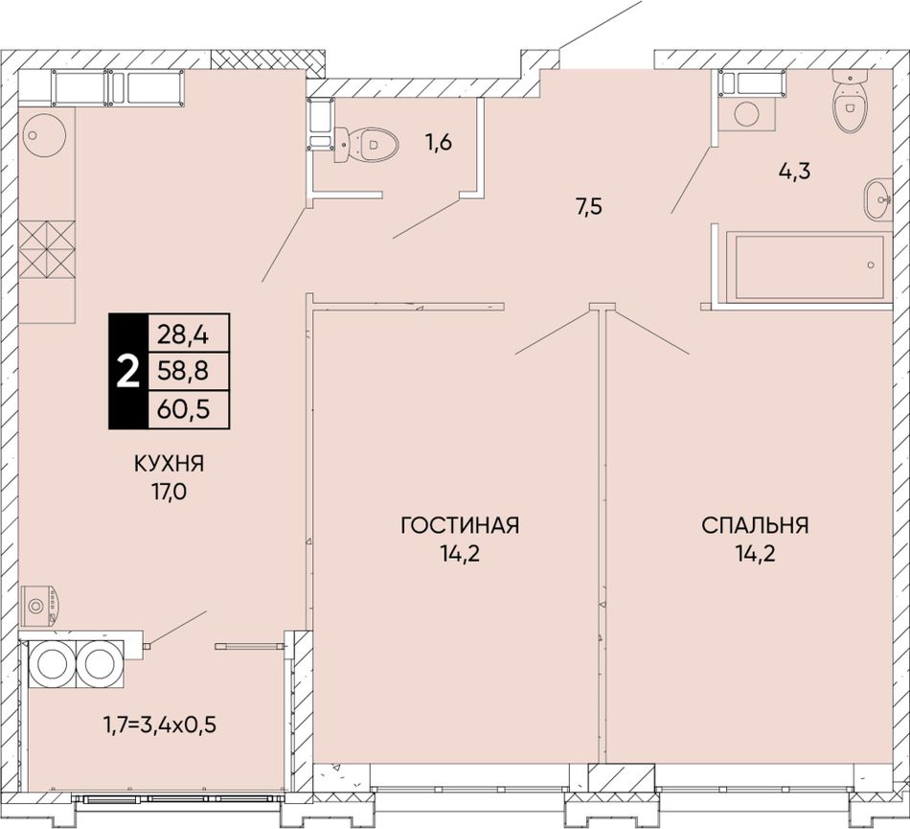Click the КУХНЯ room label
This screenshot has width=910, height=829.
point(170,464)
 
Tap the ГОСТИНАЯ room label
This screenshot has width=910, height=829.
point(460,525)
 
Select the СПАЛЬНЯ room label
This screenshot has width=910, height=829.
point(755,525)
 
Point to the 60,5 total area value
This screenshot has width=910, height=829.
point(183,410)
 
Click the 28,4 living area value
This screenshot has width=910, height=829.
point(183,335)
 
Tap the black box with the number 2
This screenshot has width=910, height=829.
point(128,372)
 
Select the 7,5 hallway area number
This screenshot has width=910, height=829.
point(590,207)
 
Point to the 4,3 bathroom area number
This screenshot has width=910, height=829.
point(794,172)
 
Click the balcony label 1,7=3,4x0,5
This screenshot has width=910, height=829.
point(160,725)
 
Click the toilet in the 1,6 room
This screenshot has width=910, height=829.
point(366,143)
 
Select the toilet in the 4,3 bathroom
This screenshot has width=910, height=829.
point(851,101)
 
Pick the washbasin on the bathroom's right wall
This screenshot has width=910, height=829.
point(878,199)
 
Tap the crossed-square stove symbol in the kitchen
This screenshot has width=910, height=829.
point(47,249)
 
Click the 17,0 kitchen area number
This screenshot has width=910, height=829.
point(170,493)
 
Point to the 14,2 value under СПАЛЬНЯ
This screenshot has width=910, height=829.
point(755,554)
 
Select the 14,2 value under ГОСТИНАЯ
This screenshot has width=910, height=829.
point(459,554)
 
